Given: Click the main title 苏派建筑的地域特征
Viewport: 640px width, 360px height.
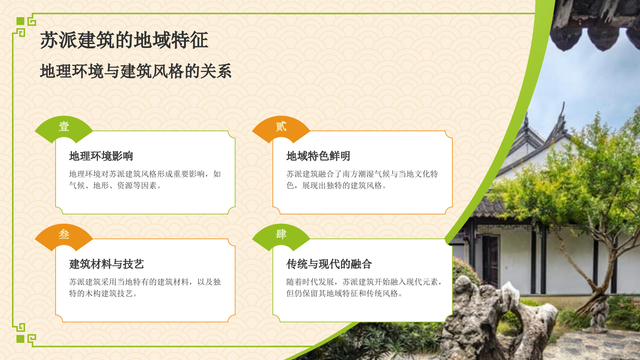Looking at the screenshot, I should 124,40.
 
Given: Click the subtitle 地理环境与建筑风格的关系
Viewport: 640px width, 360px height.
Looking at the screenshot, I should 136,72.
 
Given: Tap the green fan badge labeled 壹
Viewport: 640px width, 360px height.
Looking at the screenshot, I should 64,127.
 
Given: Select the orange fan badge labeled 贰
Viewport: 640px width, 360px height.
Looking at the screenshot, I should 281,127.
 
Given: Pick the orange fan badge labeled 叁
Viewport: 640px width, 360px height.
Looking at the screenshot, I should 64,235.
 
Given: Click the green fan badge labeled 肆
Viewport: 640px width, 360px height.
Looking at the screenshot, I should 281,235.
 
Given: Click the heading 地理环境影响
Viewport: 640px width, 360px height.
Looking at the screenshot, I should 101,156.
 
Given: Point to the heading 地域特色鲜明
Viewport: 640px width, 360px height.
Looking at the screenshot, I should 318,156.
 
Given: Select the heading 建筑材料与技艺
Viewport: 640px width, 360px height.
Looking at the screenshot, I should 106,264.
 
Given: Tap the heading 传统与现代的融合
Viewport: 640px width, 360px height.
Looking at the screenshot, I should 329,264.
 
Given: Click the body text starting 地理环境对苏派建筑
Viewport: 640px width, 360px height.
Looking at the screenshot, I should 145,180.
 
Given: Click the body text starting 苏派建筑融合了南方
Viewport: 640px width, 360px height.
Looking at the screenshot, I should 362,180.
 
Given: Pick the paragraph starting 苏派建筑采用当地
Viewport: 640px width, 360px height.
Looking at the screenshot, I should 145,288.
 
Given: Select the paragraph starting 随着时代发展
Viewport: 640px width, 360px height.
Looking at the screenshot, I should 364,288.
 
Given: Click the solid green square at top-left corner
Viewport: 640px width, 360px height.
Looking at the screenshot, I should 20,21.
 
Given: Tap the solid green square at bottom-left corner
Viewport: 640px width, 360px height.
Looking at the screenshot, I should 20,339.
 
